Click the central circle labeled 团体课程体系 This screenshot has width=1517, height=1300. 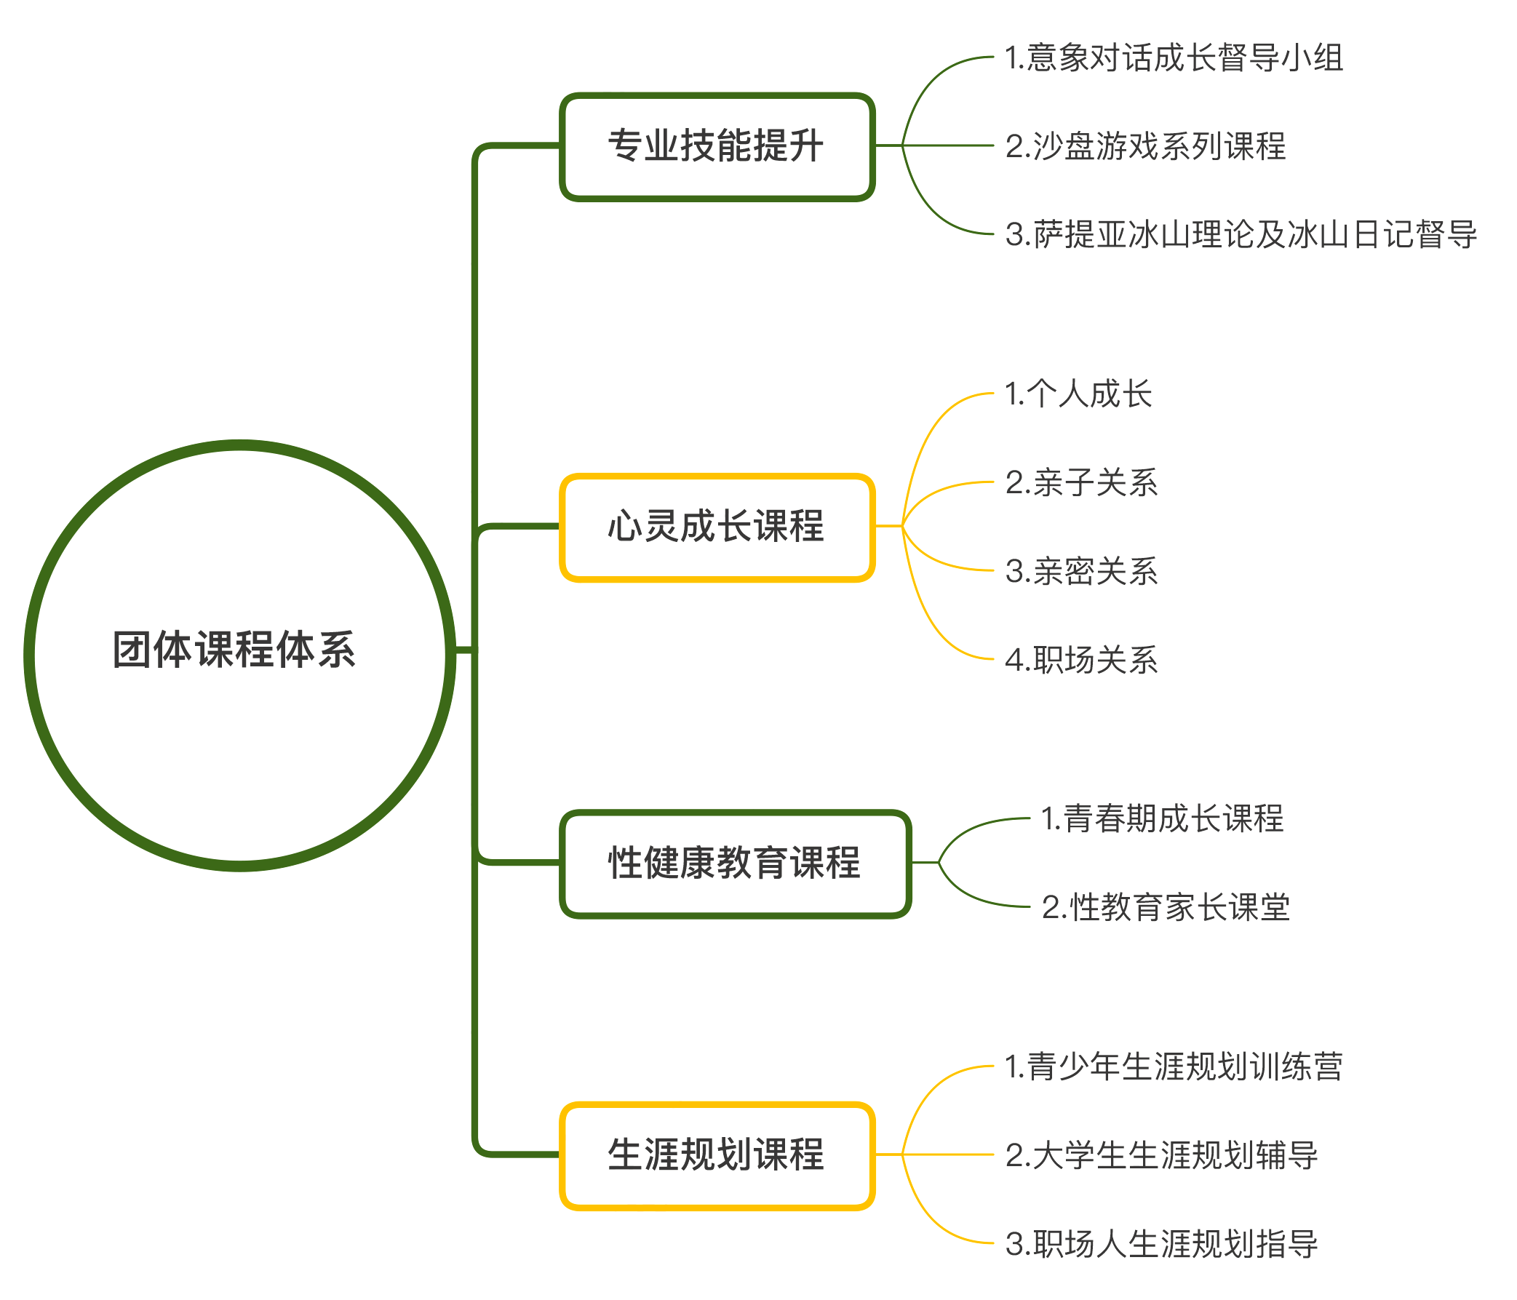(239, 655)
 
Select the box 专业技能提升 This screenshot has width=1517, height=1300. (717, 146)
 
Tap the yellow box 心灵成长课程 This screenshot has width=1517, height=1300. (717, 527)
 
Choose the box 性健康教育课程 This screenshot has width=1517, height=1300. (735, 863)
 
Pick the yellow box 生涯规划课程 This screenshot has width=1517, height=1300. (717, 1155)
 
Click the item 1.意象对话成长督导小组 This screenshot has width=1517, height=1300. (1173, 57)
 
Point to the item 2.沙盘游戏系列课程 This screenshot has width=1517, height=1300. (1145, 146)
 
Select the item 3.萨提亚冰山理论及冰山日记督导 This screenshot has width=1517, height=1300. (1241, 235)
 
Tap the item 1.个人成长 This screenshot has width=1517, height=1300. (1078, 394)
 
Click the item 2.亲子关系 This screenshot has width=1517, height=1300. (1080, 483)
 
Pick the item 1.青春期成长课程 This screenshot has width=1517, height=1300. (1162, 819)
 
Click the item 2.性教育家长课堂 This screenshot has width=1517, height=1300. (1165, 908)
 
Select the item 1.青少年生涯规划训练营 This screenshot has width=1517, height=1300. (1173, 1067)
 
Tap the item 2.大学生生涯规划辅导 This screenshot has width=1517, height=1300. (1161, 1156)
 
